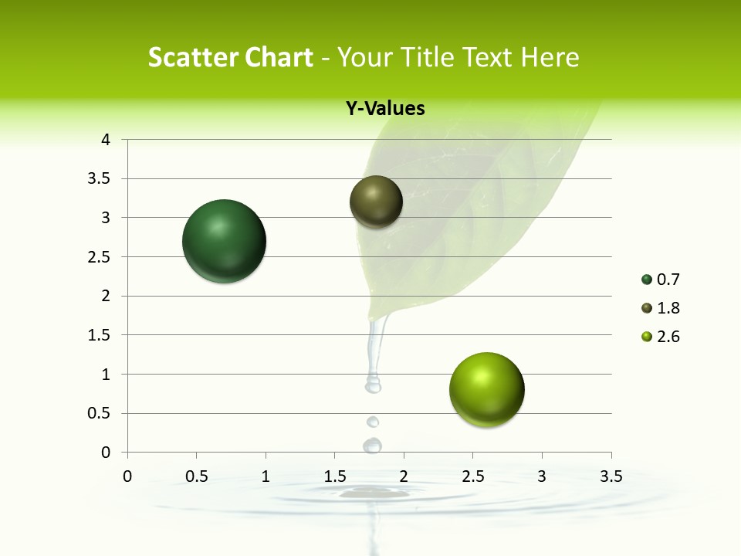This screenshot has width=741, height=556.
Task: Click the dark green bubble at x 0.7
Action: (225, 241)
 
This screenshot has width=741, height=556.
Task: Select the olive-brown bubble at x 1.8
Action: (377, 202)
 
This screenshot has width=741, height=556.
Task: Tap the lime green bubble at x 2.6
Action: (487, 389)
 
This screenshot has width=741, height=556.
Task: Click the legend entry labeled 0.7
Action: (660, 280)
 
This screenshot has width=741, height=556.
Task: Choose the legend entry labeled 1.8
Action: (660, 308)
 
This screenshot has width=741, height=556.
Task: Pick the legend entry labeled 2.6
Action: (660, 337)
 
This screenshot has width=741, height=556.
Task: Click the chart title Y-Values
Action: (385, 109)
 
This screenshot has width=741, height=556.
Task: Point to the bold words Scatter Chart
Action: (230, 57)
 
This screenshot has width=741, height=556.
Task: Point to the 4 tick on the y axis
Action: (107, 140)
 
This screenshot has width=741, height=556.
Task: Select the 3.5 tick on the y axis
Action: (101, 178)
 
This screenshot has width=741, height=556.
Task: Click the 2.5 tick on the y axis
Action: (101, 256)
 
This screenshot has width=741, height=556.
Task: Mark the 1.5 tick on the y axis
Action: (101, 335)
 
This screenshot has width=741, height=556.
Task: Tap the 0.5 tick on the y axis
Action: (101, 413)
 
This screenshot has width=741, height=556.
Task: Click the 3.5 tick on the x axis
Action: (611, 476)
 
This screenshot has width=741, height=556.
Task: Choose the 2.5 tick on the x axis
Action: (473, 476)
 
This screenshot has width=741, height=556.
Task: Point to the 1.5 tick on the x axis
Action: (335, 476)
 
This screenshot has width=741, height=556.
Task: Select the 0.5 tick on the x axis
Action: (197, 476)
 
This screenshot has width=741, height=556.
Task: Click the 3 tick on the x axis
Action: (542, 476)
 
